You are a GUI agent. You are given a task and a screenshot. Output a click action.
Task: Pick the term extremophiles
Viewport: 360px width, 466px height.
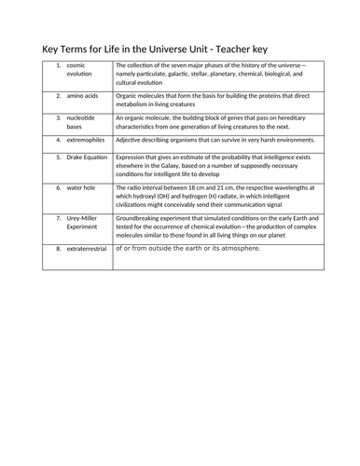[87, 140]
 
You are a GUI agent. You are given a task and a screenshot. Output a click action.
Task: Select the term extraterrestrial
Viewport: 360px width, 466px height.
[88, 249]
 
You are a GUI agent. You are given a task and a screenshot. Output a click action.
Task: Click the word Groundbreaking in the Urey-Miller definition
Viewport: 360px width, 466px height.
[141, 215]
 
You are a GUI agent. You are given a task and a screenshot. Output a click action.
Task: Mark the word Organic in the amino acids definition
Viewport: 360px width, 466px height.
[128, 95]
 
